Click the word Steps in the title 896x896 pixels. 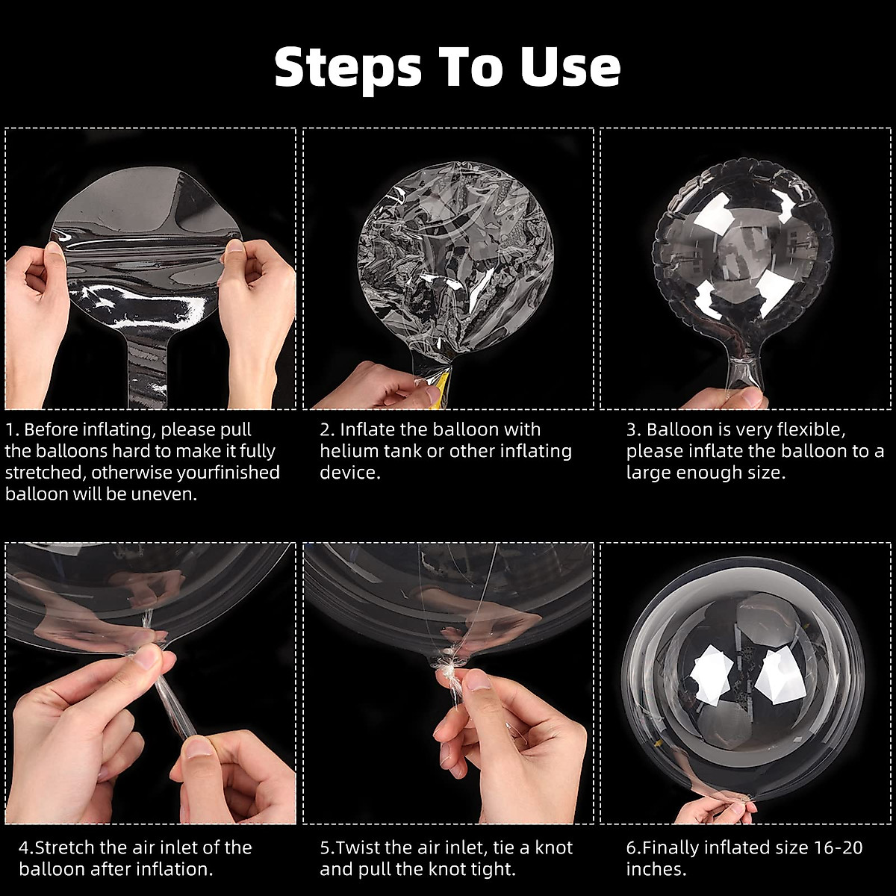pyautogui.click(x=348, y=68)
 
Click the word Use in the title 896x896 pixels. pyautogui.click(x=570, y=67)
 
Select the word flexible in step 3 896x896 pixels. pyautogui.click(x=811, y=429)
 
